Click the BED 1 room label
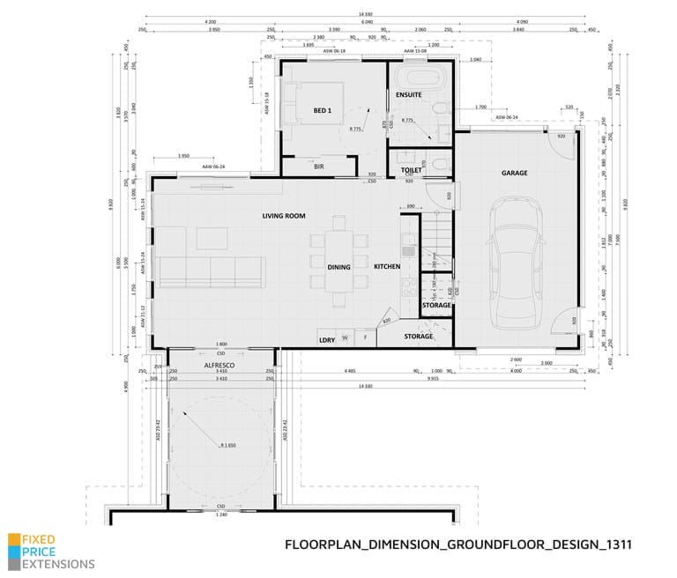coord(322,110)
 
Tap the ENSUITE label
coord(409,94)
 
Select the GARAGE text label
coord(514,173)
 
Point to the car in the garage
coord(514,260)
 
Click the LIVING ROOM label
coord(284,216)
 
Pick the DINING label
coord(338,267)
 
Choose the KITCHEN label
coord(387,266)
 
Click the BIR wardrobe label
coord(319,165)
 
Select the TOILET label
coord(412,169)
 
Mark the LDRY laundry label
coord(325,337)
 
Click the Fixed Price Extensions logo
coord(51,552)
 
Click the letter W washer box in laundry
coord(345,337)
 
